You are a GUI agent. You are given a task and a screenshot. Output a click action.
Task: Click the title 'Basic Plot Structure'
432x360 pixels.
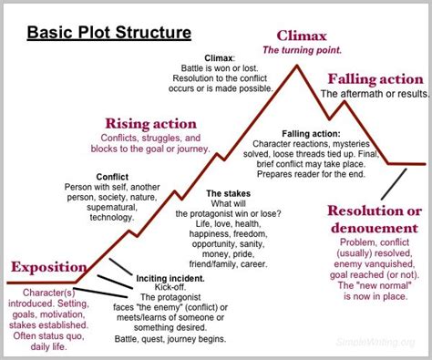tap(108, 34)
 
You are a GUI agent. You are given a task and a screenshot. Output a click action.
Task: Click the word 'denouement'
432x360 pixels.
tap(373, 228)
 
